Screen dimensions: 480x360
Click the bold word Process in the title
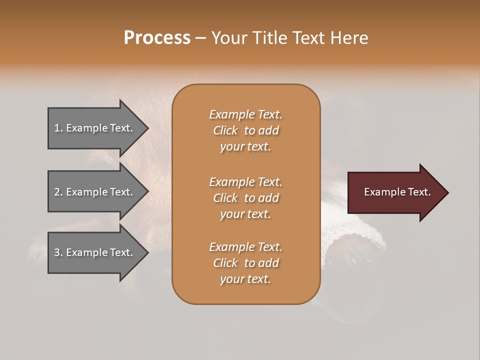[157, 38]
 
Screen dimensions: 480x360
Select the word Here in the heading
[350, 38]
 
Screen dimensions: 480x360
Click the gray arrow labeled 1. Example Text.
[95, 128]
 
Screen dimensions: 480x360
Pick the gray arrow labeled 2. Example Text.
[95, 192]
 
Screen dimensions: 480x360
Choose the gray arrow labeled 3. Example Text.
[95, 252]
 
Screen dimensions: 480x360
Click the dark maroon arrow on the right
[395, 192]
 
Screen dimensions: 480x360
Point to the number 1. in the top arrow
[58, 128]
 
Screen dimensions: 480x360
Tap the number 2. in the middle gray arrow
[58, 192]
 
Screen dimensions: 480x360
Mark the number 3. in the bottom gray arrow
[58, 252]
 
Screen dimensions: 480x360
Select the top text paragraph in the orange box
[245, 130]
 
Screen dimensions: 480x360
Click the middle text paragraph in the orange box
[245, 197]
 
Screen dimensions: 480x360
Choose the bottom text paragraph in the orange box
[245, 263]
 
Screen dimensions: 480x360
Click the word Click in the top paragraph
[225, 130]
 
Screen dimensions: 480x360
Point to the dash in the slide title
[201, 38]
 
